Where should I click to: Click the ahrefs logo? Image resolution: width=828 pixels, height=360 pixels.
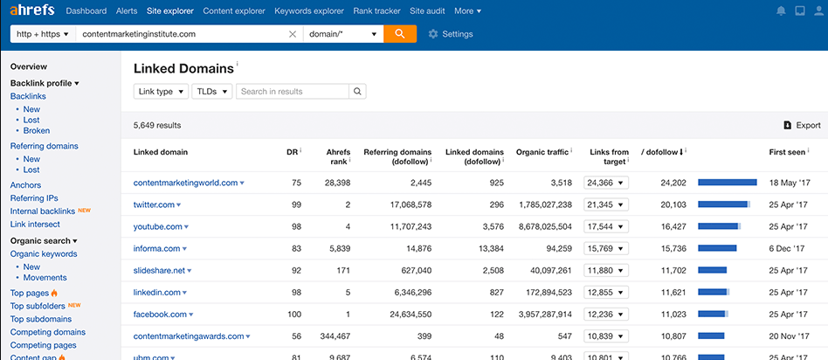point(33,10)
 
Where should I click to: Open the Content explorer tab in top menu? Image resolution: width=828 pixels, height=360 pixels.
point(234,11)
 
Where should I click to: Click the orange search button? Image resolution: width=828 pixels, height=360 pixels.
point(399,34)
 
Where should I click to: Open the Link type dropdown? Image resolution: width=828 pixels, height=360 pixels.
point(161,91)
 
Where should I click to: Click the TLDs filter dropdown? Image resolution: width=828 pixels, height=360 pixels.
point(212,91)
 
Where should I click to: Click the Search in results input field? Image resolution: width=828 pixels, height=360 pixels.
point(293,91)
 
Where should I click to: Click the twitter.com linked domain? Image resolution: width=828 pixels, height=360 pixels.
point(154,204)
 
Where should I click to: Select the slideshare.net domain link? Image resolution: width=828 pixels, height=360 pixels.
point(159,270)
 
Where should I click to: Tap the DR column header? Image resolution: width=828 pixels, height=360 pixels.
point(292,152)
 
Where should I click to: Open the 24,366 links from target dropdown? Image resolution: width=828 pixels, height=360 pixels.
point(606,183)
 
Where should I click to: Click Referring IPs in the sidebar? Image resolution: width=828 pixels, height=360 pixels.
point(34,198)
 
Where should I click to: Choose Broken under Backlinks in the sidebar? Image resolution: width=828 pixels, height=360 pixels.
point(36,131)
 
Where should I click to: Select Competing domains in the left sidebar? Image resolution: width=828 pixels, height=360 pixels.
point(47,332)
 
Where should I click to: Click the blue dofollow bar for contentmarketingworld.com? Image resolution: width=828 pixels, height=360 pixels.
point(727,183)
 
